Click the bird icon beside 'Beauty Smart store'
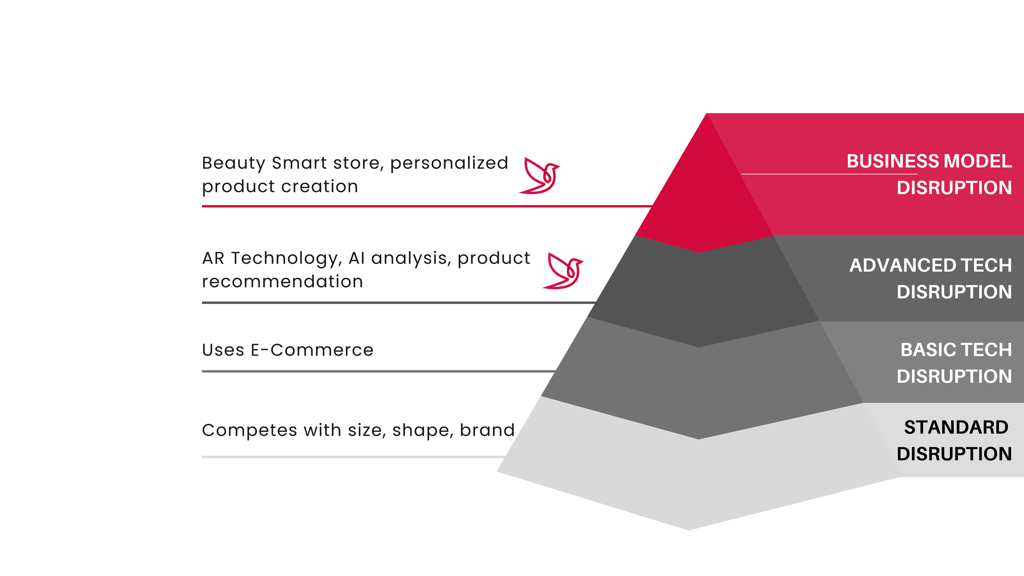click(539, 176)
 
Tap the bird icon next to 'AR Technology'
click(563, 271)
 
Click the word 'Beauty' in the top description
click(233, 163)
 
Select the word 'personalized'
click(449, 163)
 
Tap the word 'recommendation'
click(283, 282)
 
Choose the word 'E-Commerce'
click(312, 350)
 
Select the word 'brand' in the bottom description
click(487, 430)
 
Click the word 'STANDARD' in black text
click(956, 428)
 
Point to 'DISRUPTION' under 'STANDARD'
click(954, 454)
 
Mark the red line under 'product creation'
click(410, 206)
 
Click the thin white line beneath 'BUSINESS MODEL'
click(827, 174)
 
